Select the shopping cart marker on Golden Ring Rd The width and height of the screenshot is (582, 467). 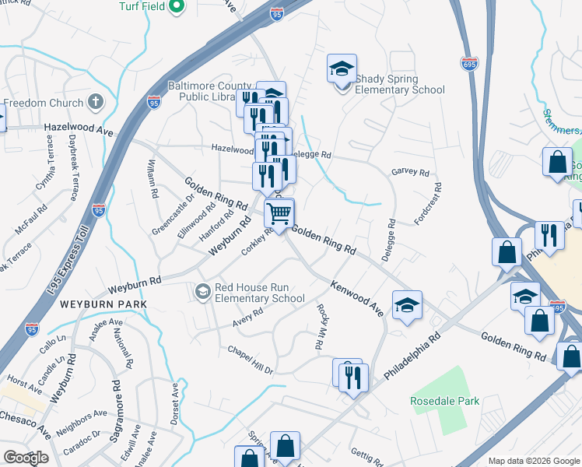tap(279, 212)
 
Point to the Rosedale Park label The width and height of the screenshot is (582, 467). tap(445, 401)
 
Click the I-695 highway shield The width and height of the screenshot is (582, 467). tap(468, 64)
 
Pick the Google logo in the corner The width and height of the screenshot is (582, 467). tap(26, 457)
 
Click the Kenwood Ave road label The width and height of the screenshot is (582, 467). tap(356, 298)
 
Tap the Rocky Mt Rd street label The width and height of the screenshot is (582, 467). tap(321, 327)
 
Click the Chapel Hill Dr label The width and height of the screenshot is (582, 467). tap(251, 360)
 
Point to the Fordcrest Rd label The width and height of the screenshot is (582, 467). tap(429, 204)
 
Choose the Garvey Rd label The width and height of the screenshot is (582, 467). tap(410, 172)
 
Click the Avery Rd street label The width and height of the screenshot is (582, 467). tap(247, 318)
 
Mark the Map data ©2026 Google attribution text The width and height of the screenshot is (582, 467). tap(534, 461)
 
